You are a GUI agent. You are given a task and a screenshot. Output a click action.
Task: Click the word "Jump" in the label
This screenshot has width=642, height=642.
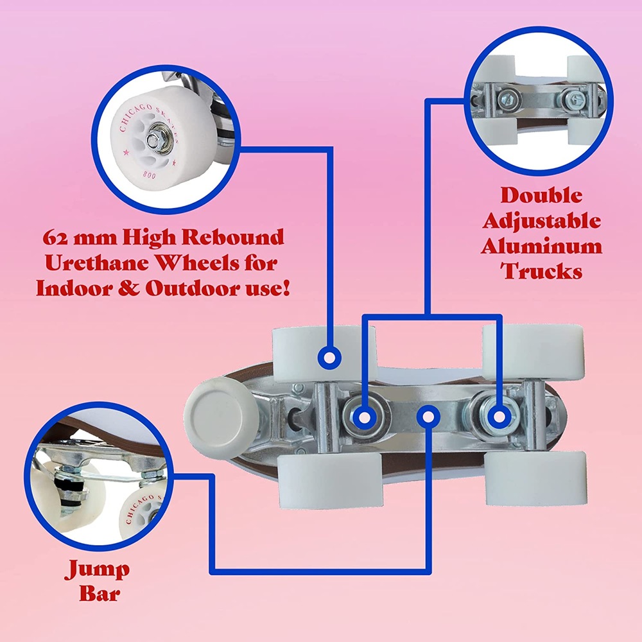(97, 569)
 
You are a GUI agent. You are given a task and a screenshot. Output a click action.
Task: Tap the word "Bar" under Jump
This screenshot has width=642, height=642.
(100, 593)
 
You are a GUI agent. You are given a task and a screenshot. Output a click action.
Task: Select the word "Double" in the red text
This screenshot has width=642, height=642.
(541, 195)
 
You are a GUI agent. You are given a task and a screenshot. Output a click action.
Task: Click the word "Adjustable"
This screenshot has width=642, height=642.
(541, 221)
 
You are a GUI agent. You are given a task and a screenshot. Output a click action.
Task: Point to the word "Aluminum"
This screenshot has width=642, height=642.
(541, 246)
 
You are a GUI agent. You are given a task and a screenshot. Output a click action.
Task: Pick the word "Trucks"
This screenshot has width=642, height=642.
(541, 271)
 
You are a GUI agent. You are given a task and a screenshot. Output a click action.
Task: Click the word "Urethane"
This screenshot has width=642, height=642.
(98, 263)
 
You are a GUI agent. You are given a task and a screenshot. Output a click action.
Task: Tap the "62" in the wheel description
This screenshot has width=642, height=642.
(55, 238)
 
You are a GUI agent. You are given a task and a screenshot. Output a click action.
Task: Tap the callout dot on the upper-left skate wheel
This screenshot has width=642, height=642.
(329, 358)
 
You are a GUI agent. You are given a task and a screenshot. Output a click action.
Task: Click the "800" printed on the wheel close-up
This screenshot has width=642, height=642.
(150, 175)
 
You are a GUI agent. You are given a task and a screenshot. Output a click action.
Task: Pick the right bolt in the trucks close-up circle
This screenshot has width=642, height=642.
(573, 99)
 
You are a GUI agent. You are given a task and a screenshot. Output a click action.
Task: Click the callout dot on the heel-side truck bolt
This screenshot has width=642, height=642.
(499, 417)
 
